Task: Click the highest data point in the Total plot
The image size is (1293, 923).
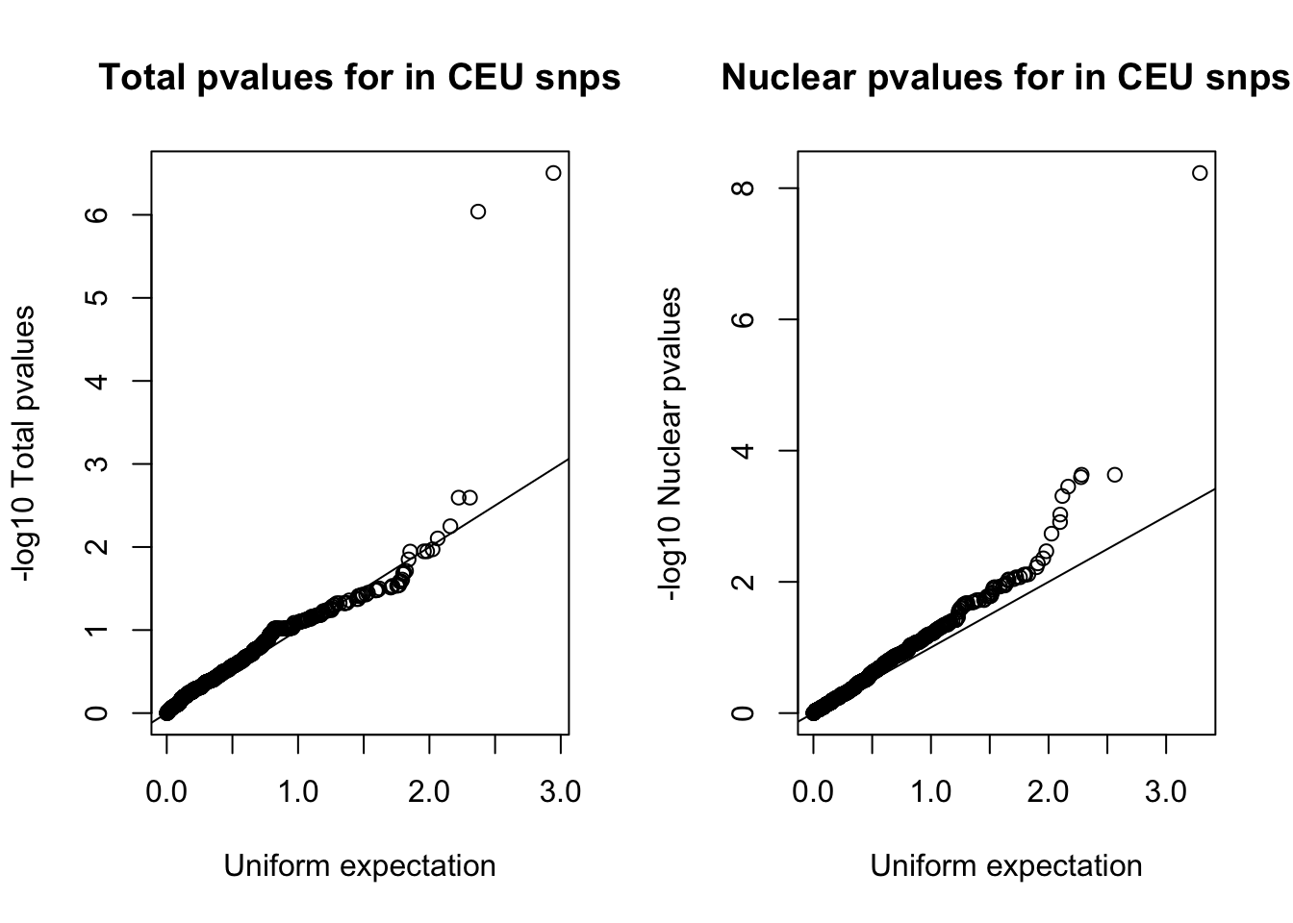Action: pos(552,173)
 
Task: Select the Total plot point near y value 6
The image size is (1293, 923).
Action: pos(478,212)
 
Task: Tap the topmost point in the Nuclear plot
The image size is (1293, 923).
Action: pos(1199,173)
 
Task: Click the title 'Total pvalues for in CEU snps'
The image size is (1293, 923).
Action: pos(360,77)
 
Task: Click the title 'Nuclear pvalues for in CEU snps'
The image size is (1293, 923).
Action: pos(1005,77)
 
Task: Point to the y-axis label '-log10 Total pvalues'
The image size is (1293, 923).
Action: pos(23,444)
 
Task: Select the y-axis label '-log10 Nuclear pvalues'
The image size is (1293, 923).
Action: pos(671,444)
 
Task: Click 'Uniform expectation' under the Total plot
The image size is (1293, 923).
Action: pos(360,865)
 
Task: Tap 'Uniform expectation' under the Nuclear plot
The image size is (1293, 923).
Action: pos(1006,865)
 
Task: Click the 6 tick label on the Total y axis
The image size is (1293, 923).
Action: pos(96,214)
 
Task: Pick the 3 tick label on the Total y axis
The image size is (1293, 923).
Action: pos(96,463)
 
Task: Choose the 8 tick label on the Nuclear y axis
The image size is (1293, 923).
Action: pos(743,188)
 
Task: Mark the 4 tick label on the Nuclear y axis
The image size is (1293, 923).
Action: pos(743,451)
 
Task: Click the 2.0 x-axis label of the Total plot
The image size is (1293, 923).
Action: pos(429,792)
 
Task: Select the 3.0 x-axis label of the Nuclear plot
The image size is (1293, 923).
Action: pos(1166,792)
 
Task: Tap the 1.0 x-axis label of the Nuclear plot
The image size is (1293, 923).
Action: pos(931,792)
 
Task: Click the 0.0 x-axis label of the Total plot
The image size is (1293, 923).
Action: pos(166,792)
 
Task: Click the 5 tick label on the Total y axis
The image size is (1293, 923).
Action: pos(96,297)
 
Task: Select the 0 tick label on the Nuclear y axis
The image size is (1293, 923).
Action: pos(743,713)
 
